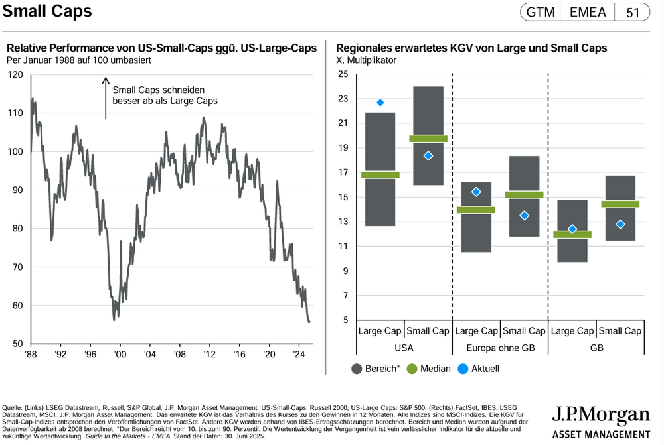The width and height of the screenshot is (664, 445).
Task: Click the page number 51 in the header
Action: tap(633, 13)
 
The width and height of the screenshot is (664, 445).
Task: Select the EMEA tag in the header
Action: tap(588, 13)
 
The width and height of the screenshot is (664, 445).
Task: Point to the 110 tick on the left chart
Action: tap(15, 113)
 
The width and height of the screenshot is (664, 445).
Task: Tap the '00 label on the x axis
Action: tap(120, 354)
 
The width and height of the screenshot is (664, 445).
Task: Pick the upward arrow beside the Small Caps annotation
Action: tap(105, 98)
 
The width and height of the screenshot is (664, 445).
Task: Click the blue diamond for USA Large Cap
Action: tap(380, 103)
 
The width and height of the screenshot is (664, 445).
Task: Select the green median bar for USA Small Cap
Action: tap(428, 139)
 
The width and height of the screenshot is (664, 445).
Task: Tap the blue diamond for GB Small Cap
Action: tap(620, 224)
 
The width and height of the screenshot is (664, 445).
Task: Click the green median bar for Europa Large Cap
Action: tap(476, 210)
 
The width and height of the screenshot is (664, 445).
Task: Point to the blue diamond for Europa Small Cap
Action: tap(524, 215)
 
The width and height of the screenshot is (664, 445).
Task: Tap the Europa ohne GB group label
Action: tap(499, 347)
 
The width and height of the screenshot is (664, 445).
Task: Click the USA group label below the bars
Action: tap(404, 347)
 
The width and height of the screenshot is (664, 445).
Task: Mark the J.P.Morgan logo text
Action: tap(601, 416)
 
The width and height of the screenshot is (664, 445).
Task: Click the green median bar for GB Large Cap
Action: tap(572, 235)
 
